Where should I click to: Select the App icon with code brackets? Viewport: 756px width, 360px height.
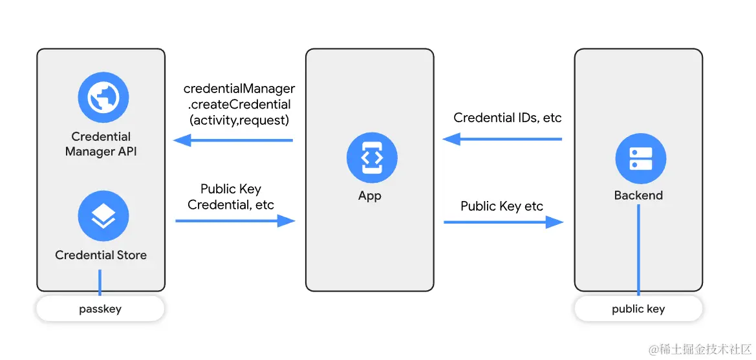[371, 158]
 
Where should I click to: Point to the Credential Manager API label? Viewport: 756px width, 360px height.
[101, 144]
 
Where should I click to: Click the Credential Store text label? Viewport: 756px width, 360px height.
[101, 255]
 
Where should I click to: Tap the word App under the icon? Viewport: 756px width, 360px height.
[370, 196]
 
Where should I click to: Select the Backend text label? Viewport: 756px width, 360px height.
[638, 195]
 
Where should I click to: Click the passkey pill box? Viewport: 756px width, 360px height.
[100, 309]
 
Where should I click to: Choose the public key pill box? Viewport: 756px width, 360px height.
[638, 309]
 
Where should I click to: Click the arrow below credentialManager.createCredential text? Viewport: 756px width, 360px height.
[233, 140]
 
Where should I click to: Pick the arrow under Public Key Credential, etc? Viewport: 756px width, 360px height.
[235, 221]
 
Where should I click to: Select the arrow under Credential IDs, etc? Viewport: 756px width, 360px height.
[502, 139]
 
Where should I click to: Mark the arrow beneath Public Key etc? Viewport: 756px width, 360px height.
[503, 222]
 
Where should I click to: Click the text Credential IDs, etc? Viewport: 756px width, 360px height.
[508, 118]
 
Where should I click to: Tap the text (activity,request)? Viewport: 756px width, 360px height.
[239, 120]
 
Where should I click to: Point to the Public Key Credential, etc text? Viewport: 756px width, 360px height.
[231, 197]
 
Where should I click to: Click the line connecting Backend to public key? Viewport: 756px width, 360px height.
[638, 252]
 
